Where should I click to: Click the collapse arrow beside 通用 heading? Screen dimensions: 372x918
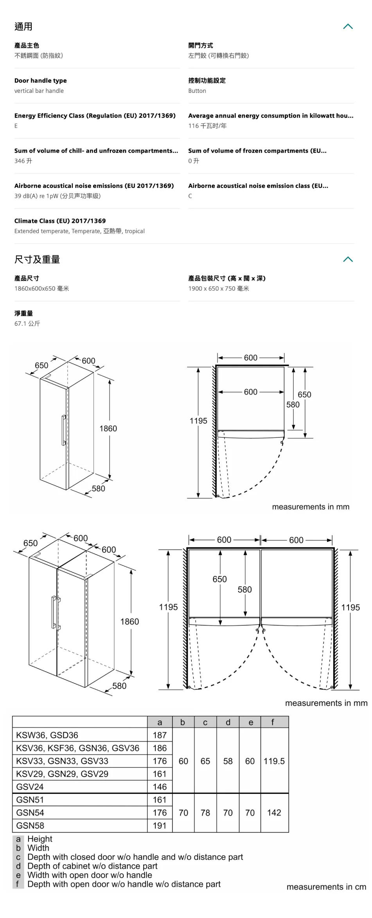pyautogui.click(x=348, y=26)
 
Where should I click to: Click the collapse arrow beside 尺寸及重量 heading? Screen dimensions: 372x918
pyautogui.click(x=348, y=259)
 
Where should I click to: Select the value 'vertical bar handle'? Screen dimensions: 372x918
pyautogui.click(x=39, y=91)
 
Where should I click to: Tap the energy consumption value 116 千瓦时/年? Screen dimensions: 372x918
pyautogui.click(x=207, y=126)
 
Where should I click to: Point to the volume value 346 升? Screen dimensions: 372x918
pyautogui.click(x=23, y=161)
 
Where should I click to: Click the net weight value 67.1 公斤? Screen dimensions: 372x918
pyautogui.click(x=27, y=323)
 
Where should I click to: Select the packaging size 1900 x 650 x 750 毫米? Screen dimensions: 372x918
pyautogui.click(x=219, y=289)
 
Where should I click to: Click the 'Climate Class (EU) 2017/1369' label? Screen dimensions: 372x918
pyautogui.click(x=60, y=221)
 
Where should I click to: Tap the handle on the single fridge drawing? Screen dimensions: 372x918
pyautogui.click(x=63, y=430)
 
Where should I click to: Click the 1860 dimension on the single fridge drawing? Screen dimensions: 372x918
pyautogui.click(x=108, y=428)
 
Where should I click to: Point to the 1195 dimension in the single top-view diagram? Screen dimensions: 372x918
pyautogui.click(x=198, y=421)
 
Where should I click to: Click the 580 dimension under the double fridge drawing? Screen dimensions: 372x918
pyautogui.click(x=119, y=686)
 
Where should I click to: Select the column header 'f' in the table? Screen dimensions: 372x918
pyautogui.click(x=273, y=722)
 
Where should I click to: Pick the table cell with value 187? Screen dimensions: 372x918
pyautogui.click(x=160, y=735)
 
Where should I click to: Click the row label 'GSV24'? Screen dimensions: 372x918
pyautogui.click(x=30, y=787)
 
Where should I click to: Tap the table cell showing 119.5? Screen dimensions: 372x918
pyautogui.click(x=274, y=761)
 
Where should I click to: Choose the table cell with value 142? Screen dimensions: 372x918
pyautogui.click(x=274, y=813)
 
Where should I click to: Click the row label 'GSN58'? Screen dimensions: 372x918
pyautogui.click(x=30, y=826)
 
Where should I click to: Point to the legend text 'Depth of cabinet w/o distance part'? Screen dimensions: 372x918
pyautogui.click(x=92, y=866)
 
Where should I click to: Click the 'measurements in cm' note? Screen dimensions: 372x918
pyautogui.click(x=326, y=887)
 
